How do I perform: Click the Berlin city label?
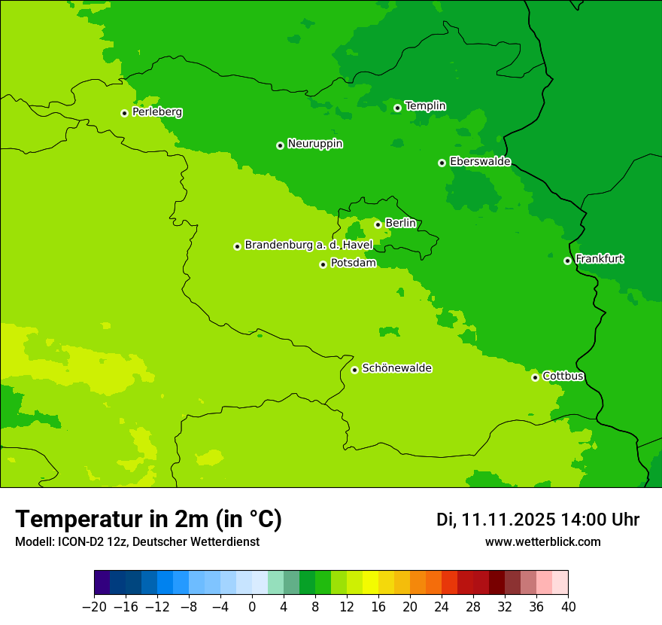tap(400, 223)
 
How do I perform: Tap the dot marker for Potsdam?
tap(323, 264)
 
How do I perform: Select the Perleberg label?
tap(157, 112)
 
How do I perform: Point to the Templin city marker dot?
tap(397, 108)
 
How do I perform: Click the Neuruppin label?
tap(315, 144)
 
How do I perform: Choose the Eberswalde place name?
tap(480, 162)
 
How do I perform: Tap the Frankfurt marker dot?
tap(567, 261)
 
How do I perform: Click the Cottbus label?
tap(563, 377)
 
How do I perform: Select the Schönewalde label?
tap(397, 368)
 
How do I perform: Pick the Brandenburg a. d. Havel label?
tap(308, 245)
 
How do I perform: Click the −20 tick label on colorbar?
tap(95, 607)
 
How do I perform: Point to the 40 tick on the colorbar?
tap(568, 607)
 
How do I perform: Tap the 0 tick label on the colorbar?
tap(252, 607)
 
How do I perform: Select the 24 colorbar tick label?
tap(442, 607)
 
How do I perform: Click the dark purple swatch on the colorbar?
tap(102, 583)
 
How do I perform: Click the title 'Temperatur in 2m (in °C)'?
tap(149, 519)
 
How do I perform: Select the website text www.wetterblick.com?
tap(543, 541)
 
